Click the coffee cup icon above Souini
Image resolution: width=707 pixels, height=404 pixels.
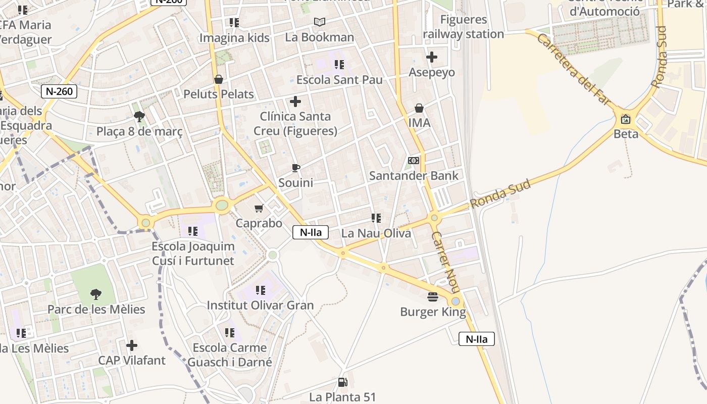point(296,168)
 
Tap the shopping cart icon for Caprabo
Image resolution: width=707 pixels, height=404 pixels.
point(259,208)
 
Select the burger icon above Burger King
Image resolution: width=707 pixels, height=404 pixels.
point(433,296)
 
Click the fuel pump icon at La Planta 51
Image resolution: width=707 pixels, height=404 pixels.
point(342,382)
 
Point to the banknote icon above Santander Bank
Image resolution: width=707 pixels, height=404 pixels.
point(414,161)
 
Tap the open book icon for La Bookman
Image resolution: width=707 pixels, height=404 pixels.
point(319,22)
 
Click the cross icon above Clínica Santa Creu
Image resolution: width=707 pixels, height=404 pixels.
point(295,102)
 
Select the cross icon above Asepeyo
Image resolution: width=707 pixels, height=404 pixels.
point(432,57)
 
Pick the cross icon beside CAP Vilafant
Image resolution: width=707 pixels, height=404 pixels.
point(132,345)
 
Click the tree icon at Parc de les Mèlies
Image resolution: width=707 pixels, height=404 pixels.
point(96,294)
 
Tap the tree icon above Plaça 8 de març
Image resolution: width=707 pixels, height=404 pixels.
point(139,117)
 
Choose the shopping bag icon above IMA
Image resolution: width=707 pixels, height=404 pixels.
point(419,108)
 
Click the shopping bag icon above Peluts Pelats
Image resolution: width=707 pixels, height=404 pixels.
point(219,79)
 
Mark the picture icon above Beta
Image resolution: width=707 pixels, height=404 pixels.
point(626,119)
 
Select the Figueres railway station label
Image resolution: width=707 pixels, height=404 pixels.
point(463,27)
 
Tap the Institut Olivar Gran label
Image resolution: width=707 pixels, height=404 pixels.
point(260,305)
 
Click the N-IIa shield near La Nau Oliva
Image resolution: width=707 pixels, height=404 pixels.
point(311,232)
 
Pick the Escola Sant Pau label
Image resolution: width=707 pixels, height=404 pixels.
point(339,80)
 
